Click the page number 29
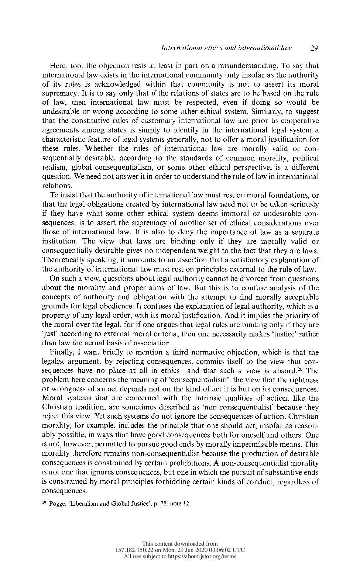(x=314, y=48)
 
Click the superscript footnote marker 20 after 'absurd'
(x=301, y=369)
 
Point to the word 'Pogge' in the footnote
(x=56, y=504)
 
